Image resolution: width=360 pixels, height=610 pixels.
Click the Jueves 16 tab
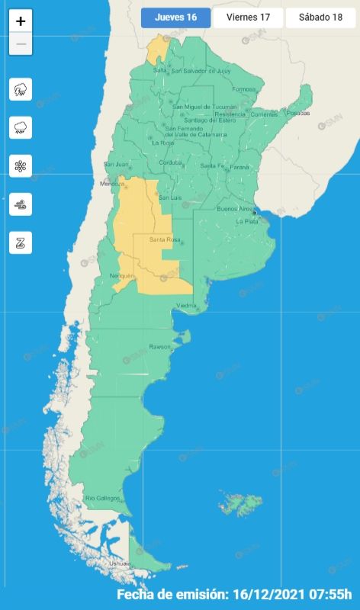(x=175, y=18)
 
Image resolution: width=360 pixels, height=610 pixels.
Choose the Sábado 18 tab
(x=320, y=18)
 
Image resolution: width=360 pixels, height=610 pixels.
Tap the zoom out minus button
(x=21, y=44)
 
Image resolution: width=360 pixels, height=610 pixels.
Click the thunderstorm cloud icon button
(x=21, y=89)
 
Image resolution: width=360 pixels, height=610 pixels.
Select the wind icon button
(x=21, y=204)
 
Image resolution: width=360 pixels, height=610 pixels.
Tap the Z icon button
(x=21, y=242)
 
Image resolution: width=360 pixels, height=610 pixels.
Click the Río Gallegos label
(x=102, y=498)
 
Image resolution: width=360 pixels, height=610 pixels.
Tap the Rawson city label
(x=160, y=348)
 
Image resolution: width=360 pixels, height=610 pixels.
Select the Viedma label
(x=187, y=306)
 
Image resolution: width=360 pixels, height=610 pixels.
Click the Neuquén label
(x=122, y=275)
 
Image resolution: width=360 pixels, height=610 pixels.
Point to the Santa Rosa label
(x=164, y=240)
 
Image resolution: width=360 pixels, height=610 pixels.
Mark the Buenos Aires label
(x=233, y=209)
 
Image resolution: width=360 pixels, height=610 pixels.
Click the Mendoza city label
(x=111, y=184)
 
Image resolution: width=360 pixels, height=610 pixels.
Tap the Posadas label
(x=299, y=114)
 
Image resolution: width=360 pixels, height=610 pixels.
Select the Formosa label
(x=244, y=89)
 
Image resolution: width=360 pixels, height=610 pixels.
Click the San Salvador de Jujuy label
(x=201, y=71)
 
